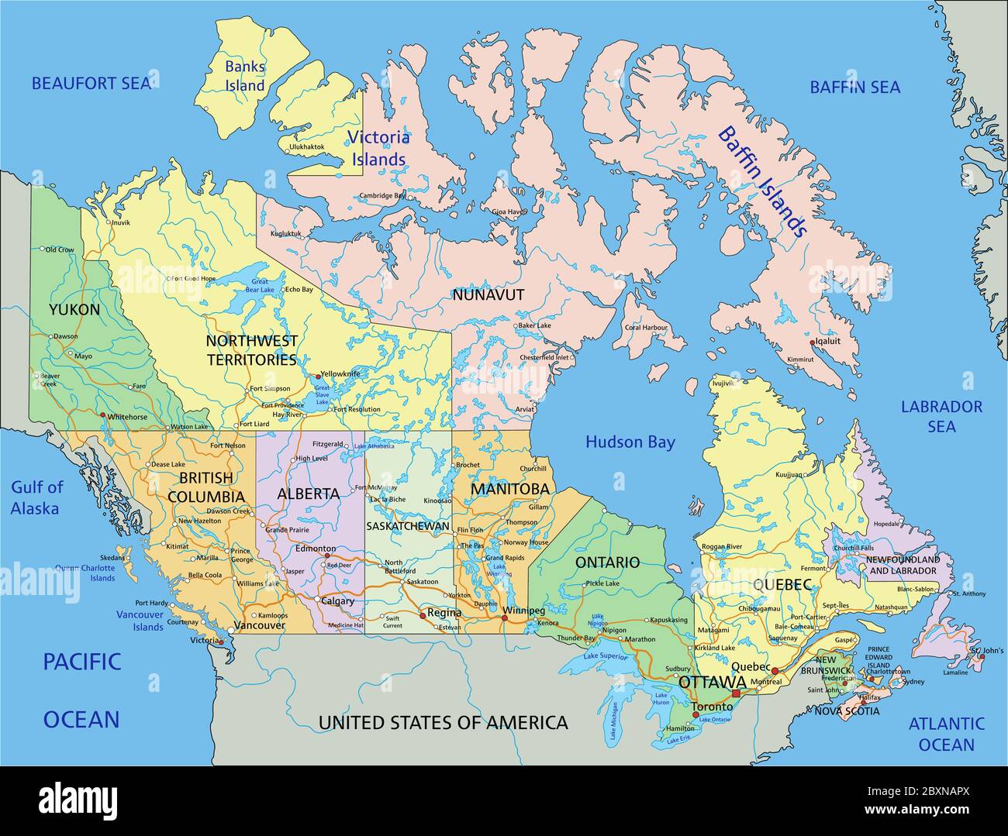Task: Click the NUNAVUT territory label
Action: coord(488,295)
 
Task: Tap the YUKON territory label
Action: coord(74,310)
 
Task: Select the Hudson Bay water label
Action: coord(630,442)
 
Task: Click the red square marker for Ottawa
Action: coord(736,692)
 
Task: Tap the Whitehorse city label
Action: coord(127,417)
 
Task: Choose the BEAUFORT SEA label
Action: coord(91,84)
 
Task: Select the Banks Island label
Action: coord(245,76)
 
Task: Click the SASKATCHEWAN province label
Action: coord(408,526)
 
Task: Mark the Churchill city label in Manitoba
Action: coord(533,469)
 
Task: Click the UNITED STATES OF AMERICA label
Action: coord(443,723)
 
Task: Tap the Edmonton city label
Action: coord(316,549)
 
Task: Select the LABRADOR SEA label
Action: coord(941,416)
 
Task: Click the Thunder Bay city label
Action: coord(575,638)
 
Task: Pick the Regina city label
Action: coord(444,612)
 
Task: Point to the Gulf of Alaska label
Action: coord(36,497)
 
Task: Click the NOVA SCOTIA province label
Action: coord(847,710)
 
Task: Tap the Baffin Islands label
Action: coord(762,181)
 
